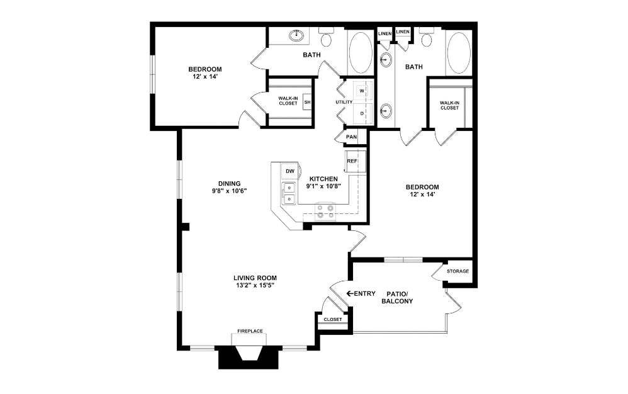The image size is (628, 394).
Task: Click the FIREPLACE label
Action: (250, 331)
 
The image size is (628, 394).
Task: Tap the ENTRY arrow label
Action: (361, 294)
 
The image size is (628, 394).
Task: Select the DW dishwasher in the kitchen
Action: (289, 171)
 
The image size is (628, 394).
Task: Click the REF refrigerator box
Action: (352, 161)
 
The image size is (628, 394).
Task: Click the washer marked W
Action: (362, 91)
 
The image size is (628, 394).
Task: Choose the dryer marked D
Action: (362, 113)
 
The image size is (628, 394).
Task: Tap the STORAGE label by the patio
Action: (457, 271)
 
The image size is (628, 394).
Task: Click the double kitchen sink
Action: (289, 193)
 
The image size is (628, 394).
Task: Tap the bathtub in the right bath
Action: (458, 53)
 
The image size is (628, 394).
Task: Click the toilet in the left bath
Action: (326, 39)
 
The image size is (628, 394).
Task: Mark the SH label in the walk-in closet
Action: (307, 102)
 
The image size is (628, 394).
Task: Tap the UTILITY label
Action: (344, 102)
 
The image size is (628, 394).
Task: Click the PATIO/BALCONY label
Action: (397, 297)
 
